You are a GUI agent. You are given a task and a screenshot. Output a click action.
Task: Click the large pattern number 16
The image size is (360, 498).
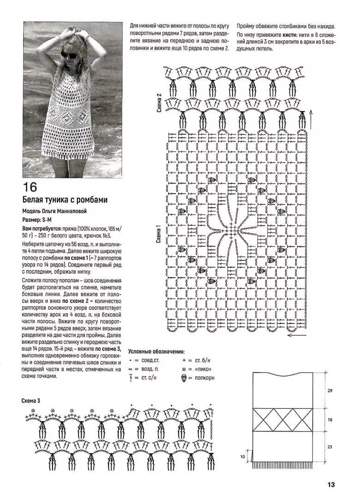(x=30, y=187)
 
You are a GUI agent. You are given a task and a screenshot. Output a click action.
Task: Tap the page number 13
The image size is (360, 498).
(x=331, y=484)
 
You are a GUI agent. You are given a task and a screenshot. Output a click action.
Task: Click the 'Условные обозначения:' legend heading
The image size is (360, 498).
(x=156, y=351)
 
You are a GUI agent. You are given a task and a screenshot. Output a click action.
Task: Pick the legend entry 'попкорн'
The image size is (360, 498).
(x=204, y=378)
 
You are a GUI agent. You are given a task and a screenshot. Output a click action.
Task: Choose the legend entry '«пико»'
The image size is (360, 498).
(x=204, y=369)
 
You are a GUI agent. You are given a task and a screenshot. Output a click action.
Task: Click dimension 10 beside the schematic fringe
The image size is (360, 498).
(x=242, y=456)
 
